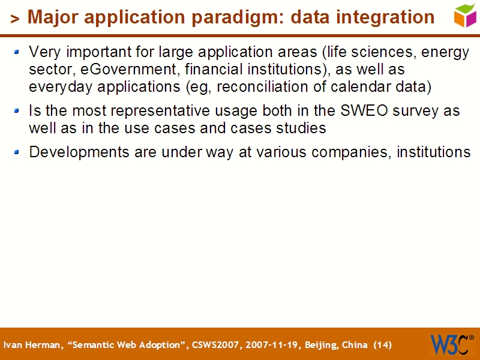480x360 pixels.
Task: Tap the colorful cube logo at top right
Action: (x=465, y=15)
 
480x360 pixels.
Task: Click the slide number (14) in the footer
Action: (x=382, y=345)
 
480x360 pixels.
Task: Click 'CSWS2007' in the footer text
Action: (x=214, y=345)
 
